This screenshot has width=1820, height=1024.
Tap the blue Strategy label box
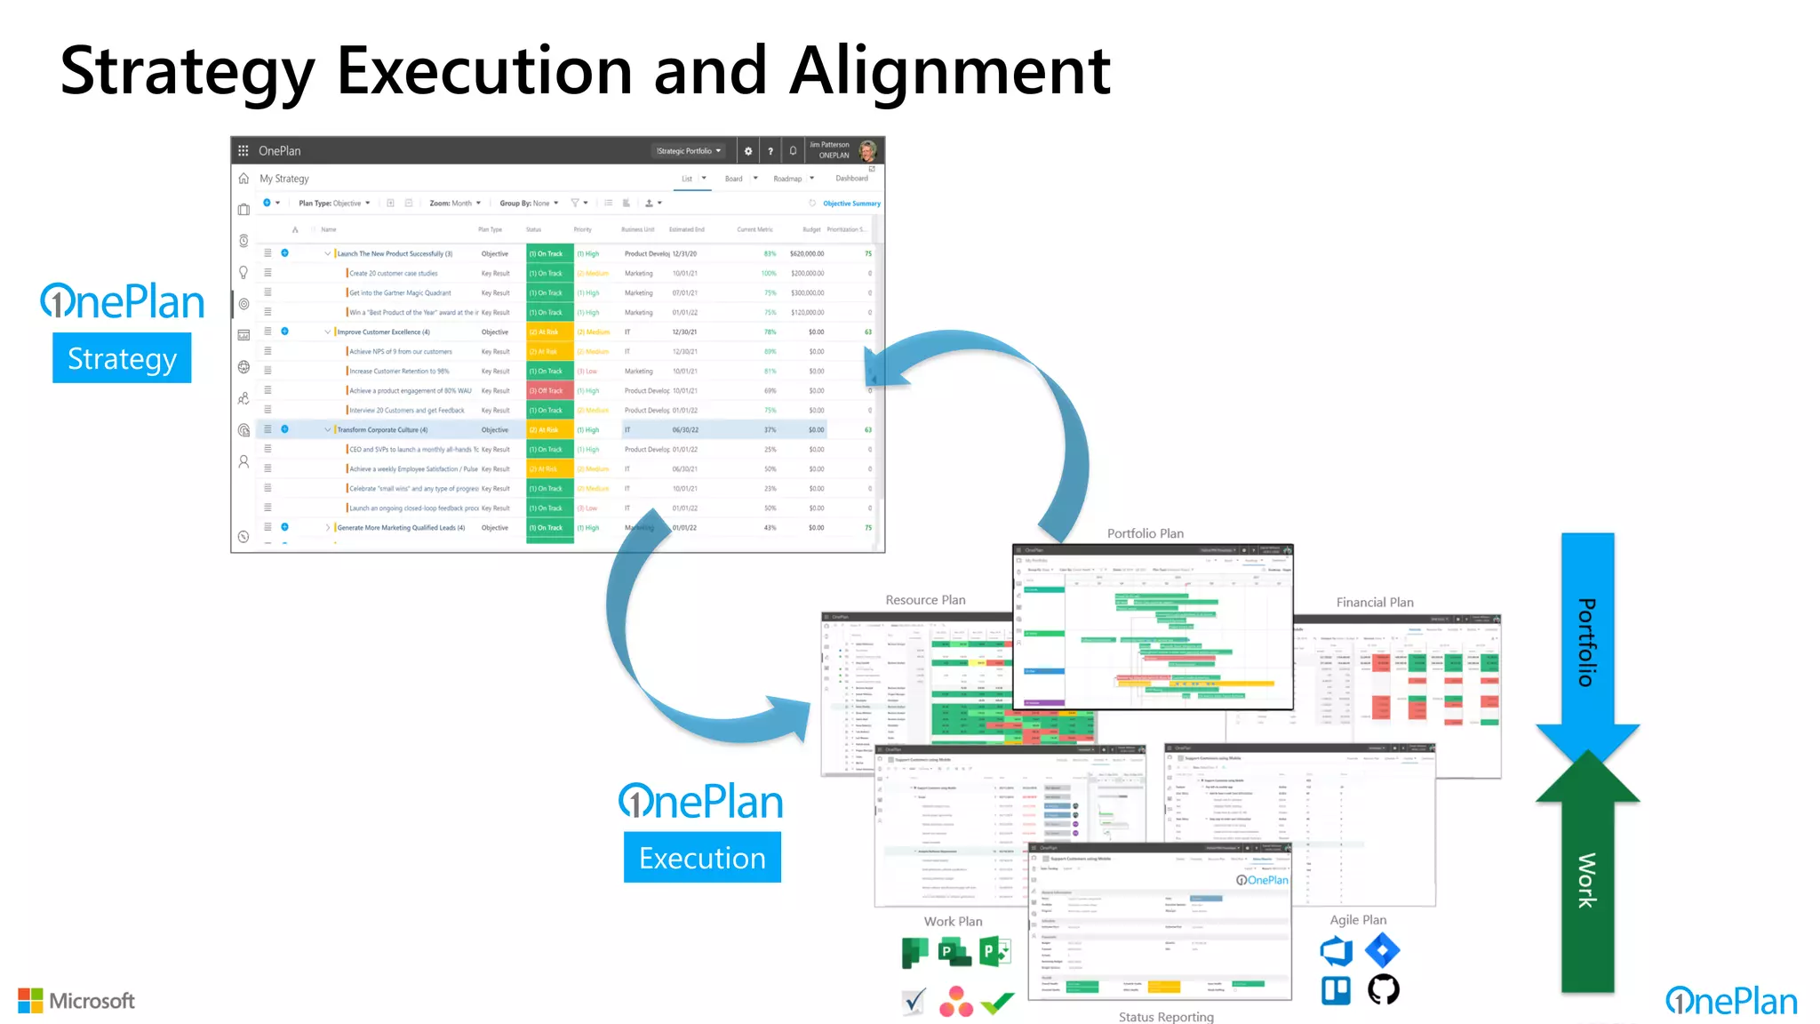[122, 358]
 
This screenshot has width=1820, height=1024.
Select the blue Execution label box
[702, 858]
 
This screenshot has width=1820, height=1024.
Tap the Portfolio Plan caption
[1145, 533]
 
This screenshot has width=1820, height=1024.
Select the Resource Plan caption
[925, 600]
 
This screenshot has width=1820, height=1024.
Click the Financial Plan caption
[1374, 603]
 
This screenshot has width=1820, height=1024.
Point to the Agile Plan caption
[1357, 920]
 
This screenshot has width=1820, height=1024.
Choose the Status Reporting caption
[1165, 1017]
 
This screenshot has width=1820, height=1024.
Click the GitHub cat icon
[1383, 989]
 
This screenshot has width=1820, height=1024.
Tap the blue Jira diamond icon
[1382, 950]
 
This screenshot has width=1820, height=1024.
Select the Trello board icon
[1336, 989]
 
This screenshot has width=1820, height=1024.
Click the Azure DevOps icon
[1336, 951]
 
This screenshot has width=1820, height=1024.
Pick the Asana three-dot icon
[955, 1002]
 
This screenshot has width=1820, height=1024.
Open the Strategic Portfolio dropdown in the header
[689, 151]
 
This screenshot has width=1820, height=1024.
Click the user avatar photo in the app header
[867, 150]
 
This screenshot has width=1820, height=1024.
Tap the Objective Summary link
[850, 204]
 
